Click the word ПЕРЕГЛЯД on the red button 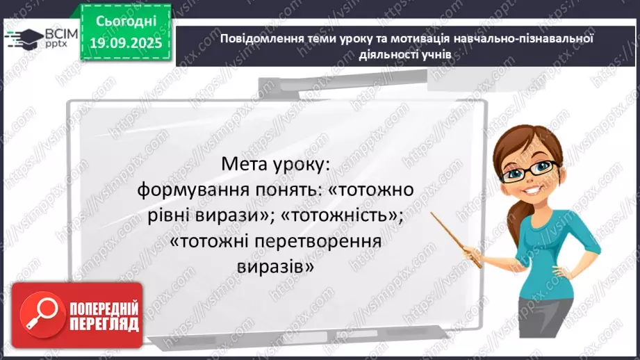pyautogui.click(x=104, y=324)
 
